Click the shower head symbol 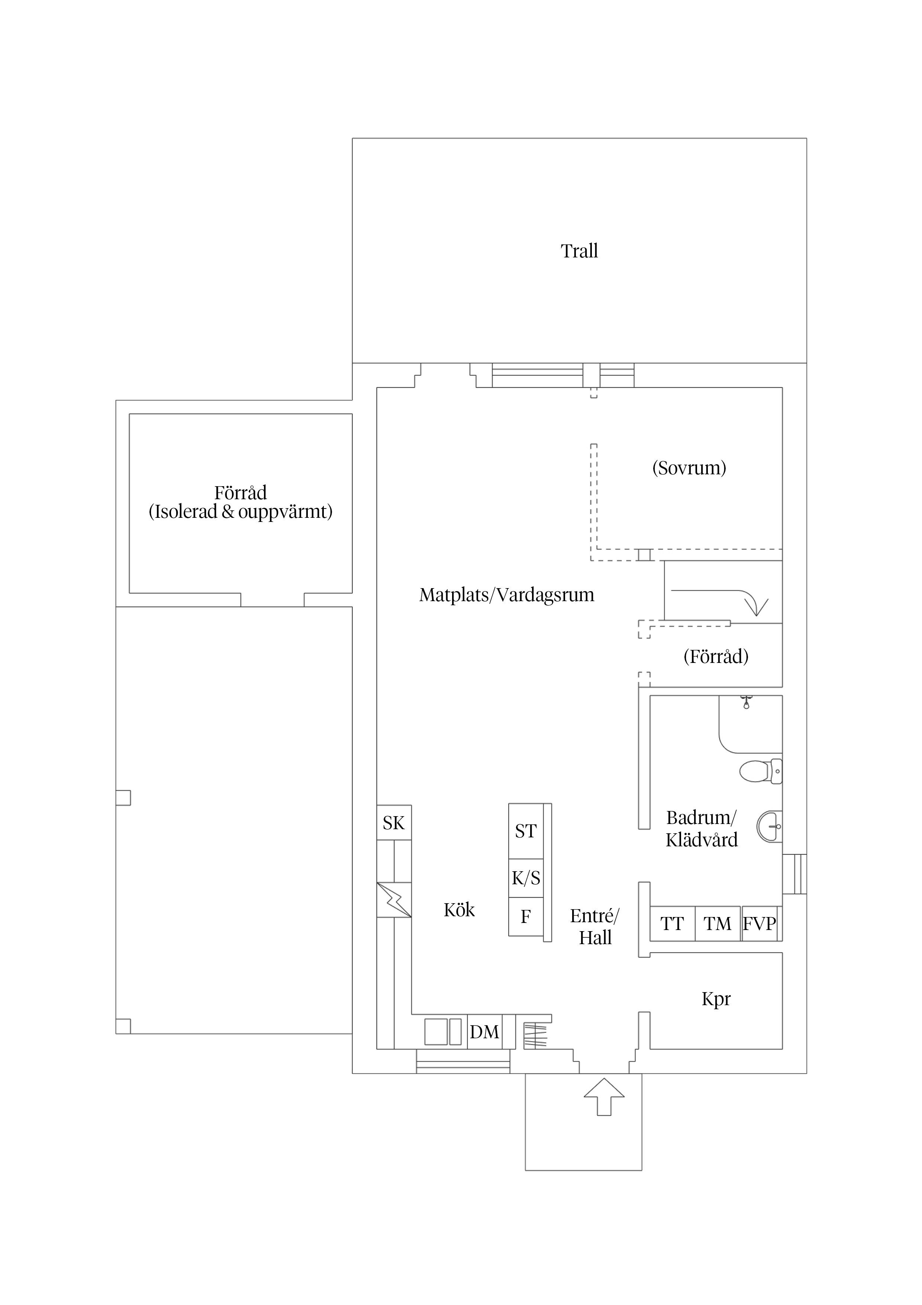tap(747, 702)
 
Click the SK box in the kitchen tap(394, 823)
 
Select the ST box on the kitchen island tap(525, 831)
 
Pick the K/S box tap(525, 878)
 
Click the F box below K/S tap(525, 916)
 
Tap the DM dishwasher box tap(484, 1032)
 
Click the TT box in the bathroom tap(672, 924)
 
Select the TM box tap(718, 924)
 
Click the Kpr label tap(716, 998)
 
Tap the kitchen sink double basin tap(443, 1032)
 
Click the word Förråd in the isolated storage tap(240, 492)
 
